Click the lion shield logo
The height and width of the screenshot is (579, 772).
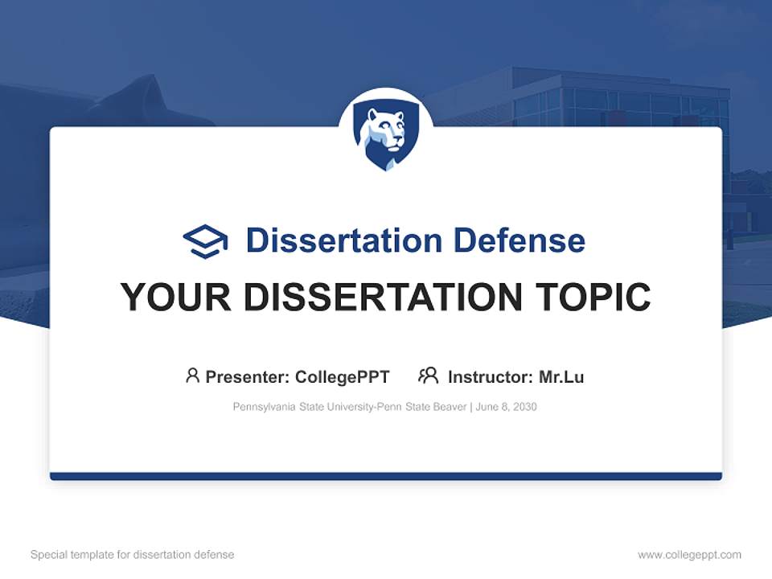[x=386, y=137]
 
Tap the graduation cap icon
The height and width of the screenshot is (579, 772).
[x=205, y=241]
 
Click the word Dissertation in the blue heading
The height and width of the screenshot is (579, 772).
[x=343, y=240]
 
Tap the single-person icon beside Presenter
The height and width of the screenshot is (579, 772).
[x=192, y=376]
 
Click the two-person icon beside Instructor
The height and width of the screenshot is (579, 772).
[x=429, y=376]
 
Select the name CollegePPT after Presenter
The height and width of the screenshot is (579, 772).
[x=343, y=376]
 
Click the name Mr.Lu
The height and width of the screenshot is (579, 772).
[x=561, y=376]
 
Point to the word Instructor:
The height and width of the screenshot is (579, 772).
[x=491, y=376]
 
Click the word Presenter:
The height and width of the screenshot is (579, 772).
[x=248, y=376]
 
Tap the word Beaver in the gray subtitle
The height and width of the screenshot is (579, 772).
[x=450, y=407]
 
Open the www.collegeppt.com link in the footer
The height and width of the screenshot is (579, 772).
[x=689, y=555]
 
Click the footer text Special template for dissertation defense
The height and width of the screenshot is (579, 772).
[x=133, y=555]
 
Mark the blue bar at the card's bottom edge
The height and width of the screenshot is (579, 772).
[x=386, y=476]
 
